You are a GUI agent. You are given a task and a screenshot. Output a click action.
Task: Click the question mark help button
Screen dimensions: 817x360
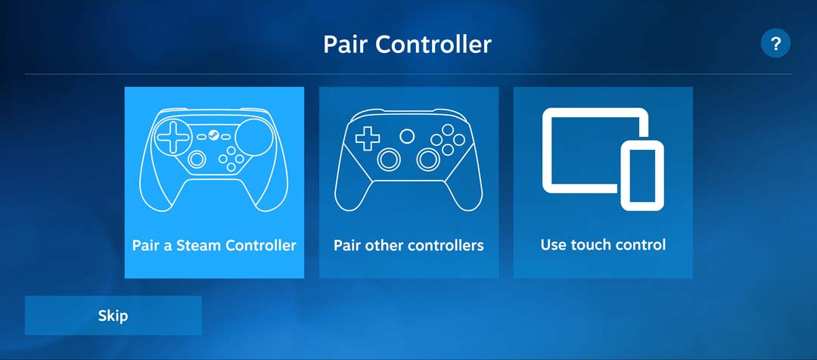point(775,43)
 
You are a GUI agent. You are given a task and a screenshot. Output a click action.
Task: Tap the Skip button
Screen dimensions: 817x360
point(113,315)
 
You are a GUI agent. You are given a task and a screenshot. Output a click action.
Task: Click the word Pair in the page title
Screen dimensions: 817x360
point(344,45)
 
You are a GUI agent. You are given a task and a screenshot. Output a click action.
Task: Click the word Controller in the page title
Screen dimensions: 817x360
point(433,45)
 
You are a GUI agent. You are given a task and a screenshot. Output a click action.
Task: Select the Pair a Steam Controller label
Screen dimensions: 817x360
point(214,245)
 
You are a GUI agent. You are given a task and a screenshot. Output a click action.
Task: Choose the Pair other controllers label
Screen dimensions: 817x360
point(408,245)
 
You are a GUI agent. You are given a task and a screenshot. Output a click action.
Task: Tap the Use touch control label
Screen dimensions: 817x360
point(603,244)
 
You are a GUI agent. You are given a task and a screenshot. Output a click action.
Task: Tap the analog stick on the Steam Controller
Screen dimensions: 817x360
point(197,159)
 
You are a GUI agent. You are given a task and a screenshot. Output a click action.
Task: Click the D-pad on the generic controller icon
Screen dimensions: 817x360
point(368,139)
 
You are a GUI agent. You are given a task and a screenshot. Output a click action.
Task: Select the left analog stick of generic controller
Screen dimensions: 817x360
point(390,160)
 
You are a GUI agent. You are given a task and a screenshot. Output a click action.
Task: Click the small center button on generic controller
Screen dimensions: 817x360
point(407,136)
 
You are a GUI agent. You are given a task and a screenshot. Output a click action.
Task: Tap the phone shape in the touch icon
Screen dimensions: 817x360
point(642,175)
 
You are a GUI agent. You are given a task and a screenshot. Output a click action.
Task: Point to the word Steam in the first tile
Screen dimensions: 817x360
point(191,245)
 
